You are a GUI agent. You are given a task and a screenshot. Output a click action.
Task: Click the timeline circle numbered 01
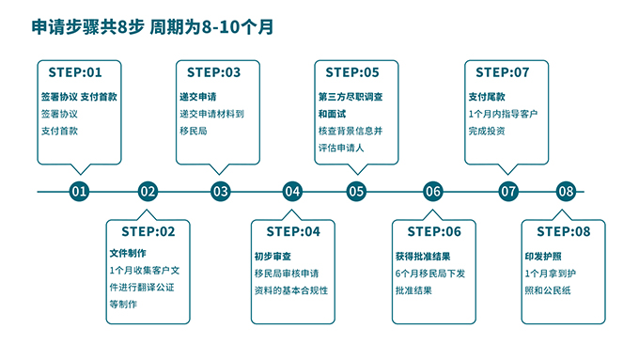click(x=79, y=192)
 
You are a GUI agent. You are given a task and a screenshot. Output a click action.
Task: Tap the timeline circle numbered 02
click(x=148, y=192)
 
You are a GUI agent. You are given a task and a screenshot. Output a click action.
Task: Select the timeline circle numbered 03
click(x=220, y=192)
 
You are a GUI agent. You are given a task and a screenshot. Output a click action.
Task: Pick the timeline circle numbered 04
click(x=292, y=192)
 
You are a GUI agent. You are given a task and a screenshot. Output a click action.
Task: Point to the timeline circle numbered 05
click(x=356, y=192)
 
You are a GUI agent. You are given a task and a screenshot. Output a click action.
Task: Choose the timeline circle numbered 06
click(x=432, y=192)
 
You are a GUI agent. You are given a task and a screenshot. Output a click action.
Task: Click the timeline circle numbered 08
click(x=565, y=192)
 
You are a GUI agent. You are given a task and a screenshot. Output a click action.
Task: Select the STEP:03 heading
click(x=214, y=72)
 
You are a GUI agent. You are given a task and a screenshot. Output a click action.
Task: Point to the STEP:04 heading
click(x=293, y=231)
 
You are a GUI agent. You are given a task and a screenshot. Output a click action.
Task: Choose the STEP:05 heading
click(x=352, y=72)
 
